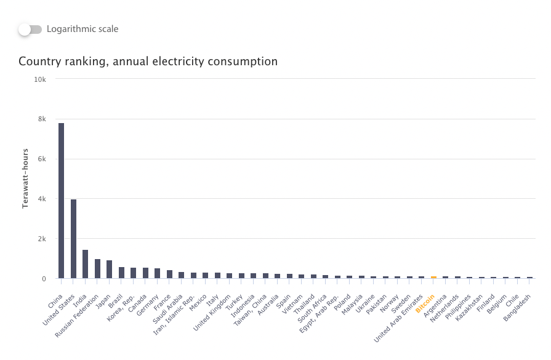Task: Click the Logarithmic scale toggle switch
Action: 30,29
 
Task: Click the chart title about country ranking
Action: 148,62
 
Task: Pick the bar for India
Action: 86,264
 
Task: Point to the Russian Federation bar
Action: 97,269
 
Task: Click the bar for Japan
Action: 110,270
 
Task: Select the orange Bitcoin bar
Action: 433,277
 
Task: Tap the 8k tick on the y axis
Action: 41,119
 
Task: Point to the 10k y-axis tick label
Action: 40,79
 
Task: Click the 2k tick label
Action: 41,239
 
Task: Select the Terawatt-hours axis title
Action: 26,178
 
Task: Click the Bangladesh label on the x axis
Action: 518,307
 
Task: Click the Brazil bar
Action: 121,273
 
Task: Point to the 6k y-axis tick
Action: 41,159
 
